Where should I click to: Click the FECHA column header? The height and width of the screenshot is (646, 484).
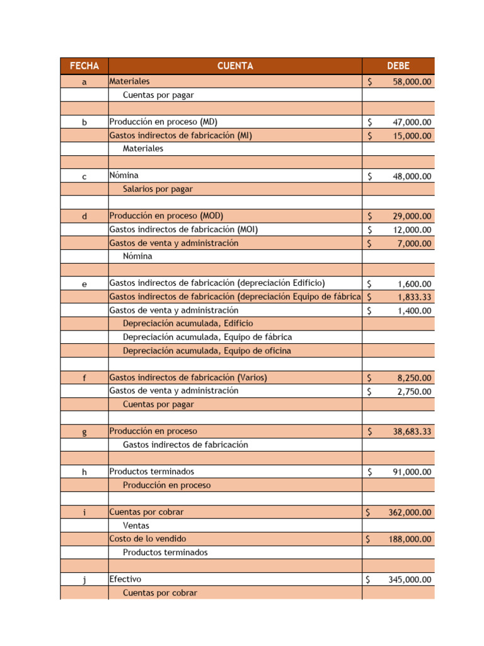[x=84, y=66]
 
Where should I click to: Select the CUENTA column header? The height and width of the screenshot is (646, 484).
[x=235, y=66]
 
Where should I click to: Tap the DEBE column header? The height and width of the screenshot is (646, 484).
[x=398, y=66]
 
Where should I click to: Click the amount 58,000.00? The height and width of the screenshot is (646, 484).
[x=412, y=82]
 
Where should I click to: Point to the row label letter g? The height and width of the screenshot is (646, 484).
[x=84, y=432]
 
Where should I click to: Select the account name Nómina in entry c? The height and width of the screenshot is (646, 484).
[x=124, y=175]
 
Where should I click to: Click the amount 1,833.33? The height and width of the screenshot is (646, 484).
[x=414, y=297]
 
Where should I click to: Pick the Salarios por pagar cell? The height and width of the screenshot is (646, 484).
[x=158, y=189]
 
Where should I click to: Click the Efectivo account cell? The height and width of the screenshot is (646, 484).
[x=125, y=579]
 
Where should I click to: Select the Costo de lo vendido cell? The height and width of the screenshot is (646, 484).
[x=147, y=539]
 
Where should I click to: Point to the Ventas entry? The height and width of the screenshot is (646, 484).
[x=136, y=526]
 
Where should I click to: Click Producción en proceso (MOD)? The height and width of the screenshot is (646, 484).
[x=166, y=216]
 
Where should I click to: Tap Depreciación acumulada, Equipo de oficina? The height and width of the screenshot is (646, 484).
[x=207, y=351]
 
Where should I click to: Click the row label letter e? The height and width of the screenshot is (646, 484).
[x=84, y=285]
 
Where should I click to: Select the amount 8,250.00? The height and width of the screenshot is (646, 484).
[x=414, y=379]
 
